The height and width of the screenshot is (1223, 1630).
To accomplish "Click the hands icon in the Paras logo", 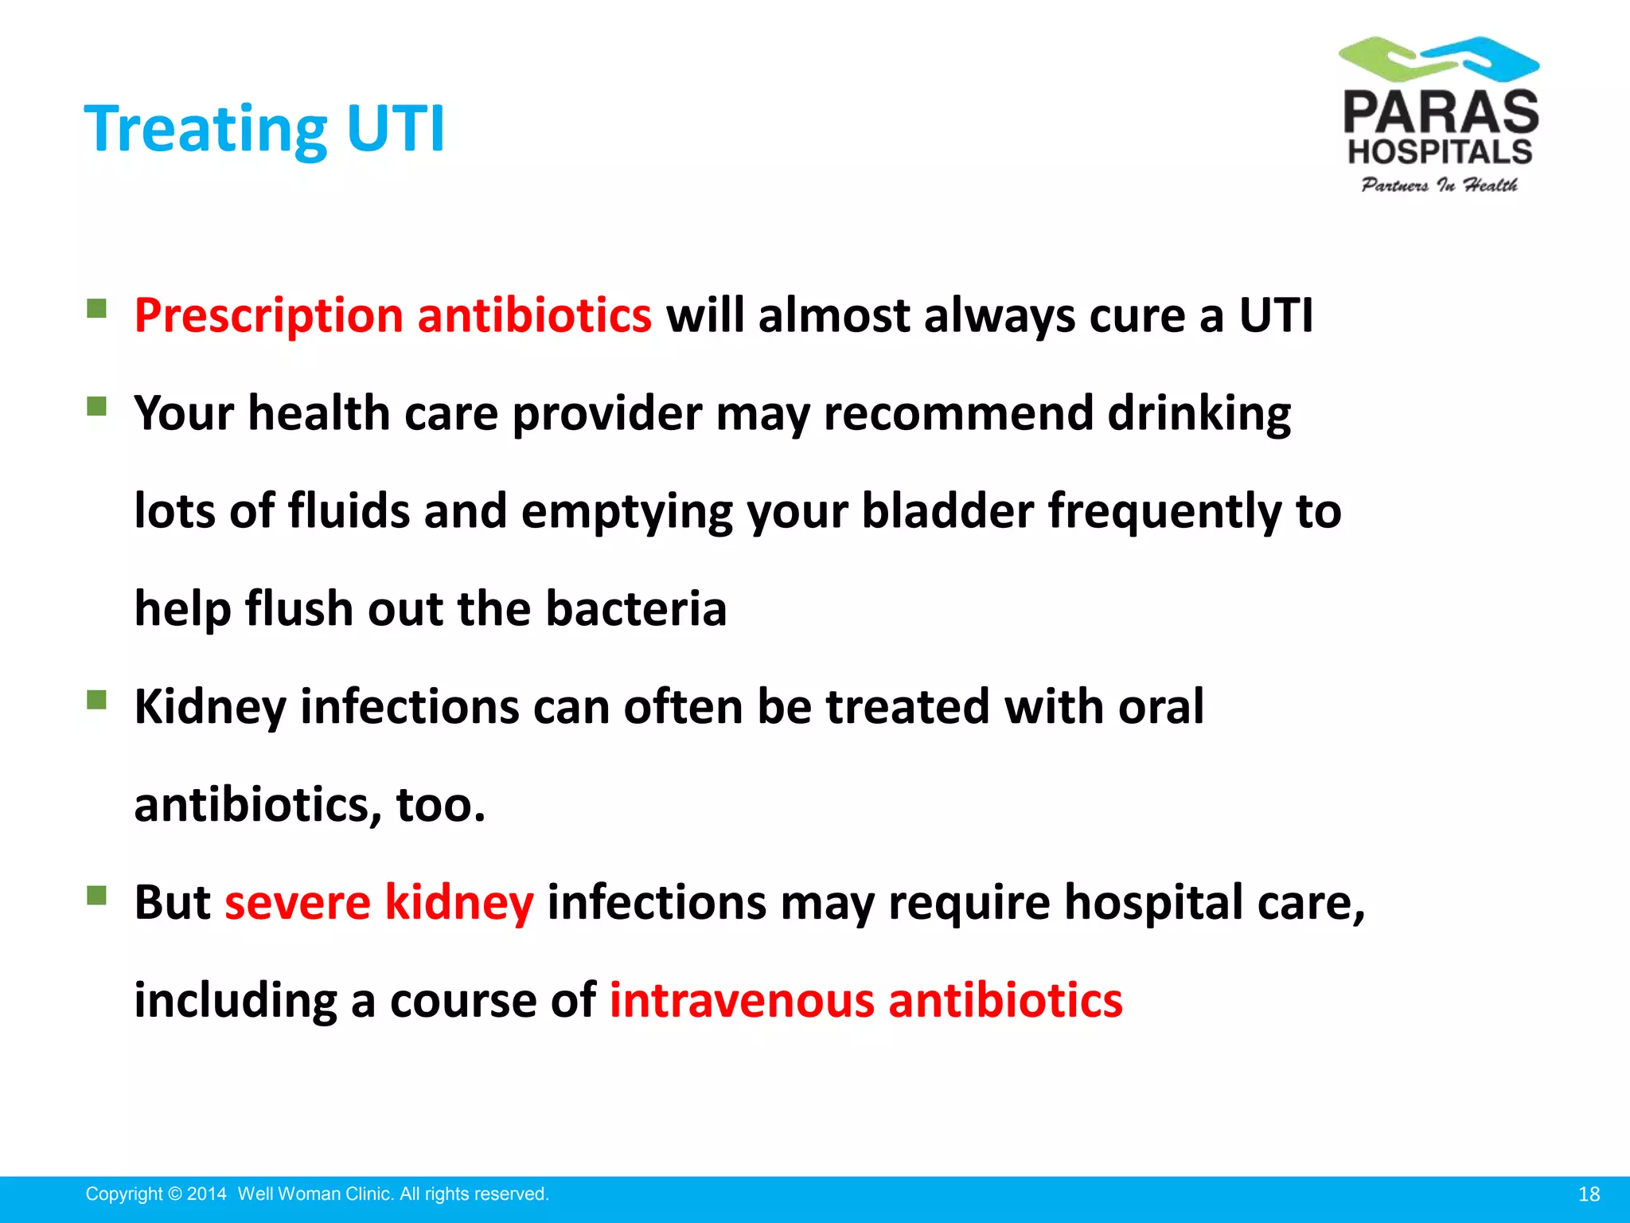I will (x=1439, y=59).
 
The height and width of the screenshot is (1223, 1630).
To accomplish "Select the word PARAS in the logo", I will (x=1441, y=112).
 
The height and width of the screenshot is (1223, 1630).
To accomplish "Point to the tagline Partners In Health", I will (x=1439, y=186).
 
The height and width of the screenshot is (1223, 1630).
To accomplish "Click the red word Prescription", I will (x=268, y=315).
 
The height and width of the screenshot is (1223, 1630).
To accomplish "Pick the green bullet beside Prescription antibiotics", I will (x=97, y=308).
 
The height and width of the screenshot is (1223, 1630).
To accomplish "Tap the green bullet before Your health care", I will (x=97, y=407).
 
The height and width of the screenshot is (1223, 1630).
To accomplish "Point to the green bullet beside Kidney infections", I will (x=97, y=700).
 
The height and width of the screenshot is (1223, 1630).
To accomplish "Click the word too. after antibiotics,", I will (x=440, y=805).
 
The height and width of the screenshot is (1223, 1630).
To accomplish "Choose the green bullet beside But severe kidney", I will (x=97, y=896).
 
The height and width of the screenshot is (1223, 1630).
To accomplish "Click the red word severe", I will (x=297, y=903).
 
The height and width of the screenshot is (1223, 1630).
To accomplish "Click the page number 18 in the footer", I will (x=1589, y=1194).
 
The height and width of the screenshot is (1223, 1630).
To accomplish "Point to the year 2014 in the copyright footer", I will (x=207, y=1194).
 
